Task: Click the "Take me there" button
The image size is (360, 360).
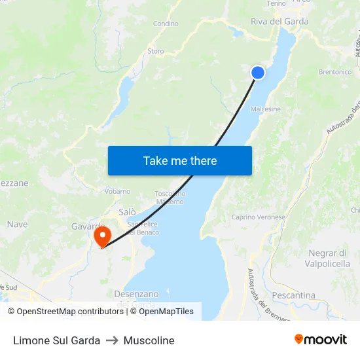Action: pos(180,160)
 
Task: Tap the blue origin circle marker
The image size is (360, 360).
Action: pos(258,73)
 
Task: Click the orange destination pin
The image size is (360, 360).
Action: pos(102,236)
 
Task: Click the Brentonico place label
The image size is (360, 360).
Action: pos(334,72)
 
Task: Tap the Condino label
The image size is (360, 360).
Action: pos(166,24)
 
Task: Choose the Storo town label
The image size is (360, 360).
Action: pos(156,51)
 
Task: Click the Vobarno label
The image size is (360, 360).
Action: pos(118,192)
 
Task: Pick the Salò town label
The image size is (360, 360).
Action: pos(128,212)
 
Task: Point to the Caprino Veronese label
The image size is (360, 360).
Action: pos(259,217)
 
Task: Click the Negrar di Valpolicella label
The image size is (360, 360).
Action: pos(327,259)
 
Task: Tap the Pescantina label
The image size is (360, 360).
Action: pos(293,295)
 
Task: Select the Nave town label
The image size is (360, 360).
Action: pos(17,224)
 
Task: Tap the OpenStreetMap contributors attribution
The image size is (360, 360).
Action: pos(65,312)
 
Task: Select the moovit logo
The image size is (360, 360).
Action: pos(321,339)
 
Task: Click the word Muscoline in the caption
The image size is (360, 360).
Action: pos(150,340)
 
